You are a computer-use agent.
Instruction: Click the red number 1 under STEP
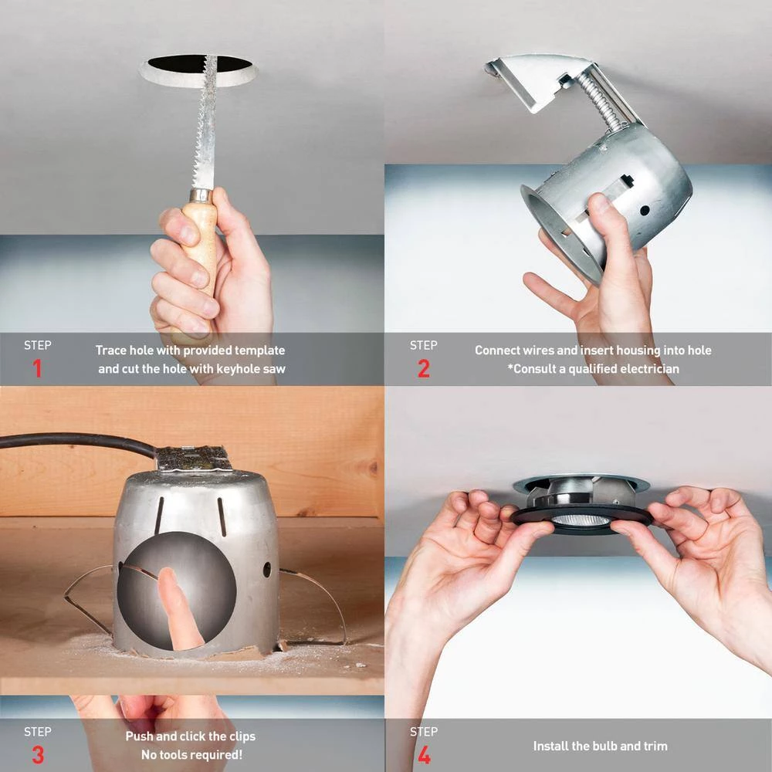(37, 369)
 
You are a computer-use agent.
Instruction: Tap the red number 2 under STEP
(423, 369)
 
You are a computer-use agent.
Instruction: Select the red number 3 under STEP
(37, 754)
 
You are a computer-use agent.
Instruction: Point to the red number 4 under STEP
(423, 754)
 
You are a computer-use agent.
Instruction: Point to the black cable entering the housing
(77, 442)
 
